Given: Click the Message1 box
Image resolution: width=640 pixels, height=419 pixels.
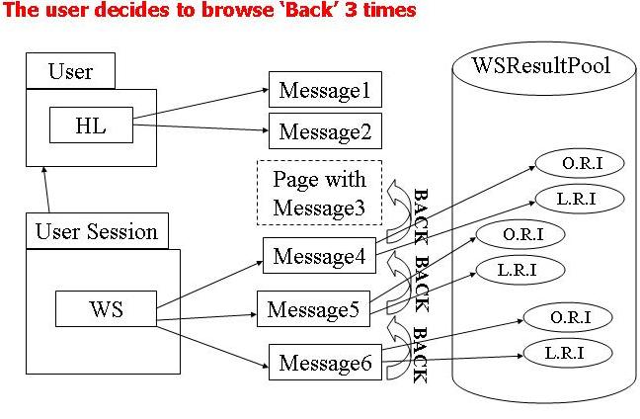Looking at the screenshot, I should coord(325,92).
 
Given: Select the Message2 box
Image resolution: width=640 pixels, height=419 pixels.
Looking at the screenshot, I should coord(325,131).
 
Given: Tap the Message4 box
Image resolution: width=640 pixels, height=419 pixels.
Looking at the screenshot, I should coord(318,256).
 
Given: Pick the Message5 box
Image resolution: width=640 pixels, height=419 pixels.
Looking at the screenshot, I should coord(312,309).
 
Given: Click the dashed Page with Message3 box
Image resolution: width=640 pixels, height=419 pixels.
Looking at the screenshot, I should coord(318,193).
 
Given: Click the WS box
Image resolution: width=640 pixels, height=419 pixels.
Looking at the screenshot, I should coord(106,309).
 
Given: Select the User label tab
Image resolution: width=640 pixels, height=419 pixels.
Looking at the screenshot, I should coord(70,71).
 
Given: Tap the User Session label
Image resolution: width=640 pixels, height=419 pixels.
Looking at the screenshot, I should coord(96,232).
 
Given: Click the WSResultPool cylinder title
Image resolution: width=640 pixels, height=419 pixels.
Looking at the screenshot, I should coord(540,67).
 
